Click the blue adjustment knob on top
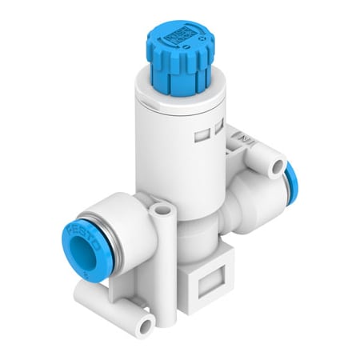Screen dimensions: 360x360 (x=178, y=68)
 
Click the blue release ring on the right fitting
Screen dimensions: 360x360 (x=286, y=183)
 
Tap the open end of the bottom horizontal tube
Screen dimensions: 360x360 (x=146, y=325)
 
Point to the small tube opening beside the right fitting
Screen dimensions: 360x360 (x=277, y=166)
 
